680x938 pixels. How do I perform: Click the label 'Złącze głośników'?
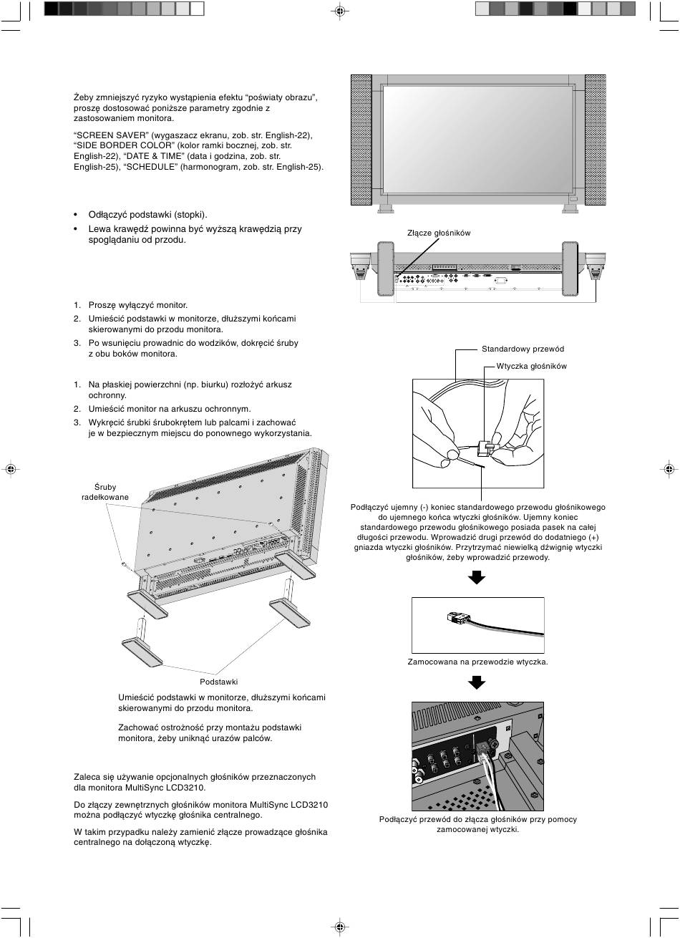pos(438,233)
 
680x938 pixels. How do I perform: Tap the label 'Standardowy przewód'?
pos(523,349)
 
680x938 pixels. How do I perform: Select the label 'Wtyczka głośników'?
pos(531,366)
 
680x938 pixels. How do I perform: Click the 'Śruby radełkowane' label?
pos(105,492)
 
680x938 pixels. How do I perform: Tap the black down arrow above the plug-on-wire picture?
pos(477,576)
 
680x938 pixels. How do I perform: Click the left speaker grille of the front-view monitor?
pos(361,140)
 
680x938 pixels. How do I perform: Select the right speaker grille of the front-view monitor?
pos(595,140)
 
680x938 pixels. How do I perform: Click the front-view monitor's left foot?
pos(385,208)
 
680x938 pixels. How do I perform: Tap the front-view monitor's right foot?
pos(570,208)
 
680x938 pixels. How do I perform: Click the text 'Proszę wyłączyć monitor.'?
pos(137,305)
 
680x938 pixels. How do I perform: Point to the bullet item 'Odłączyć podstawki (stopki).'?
pos(147,215)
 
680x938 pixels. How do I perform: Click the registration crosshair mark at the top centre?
pos(339,11)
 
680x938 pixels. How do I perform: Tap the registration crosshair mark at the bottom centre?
pos(339,927)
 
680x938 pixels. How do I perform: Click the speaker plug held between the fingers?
pos(485,449)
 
